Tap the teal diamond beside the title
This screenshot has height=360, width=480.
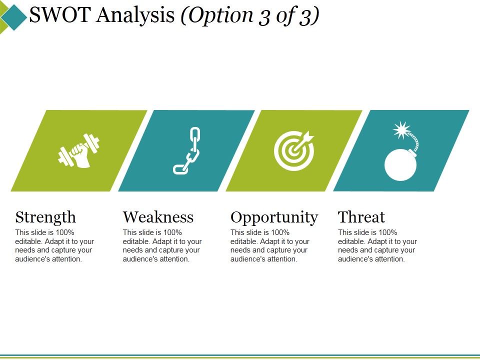14,17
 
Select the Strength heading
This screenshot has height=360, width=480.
45,217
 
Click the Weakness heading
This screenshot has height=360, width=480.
158,217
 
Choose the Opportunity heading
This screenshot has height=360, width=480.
274,217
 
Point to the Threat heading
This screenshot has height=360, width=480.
361,217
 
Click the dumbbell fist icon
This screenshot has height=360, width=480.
79,150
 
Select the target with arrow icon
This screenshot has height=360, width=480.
294,150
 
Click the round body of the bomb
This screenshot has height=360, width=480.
401,163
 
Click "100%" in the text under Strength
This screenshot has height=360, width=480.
64,232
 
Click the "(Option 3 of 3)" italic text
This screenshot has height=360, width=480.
250,16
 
